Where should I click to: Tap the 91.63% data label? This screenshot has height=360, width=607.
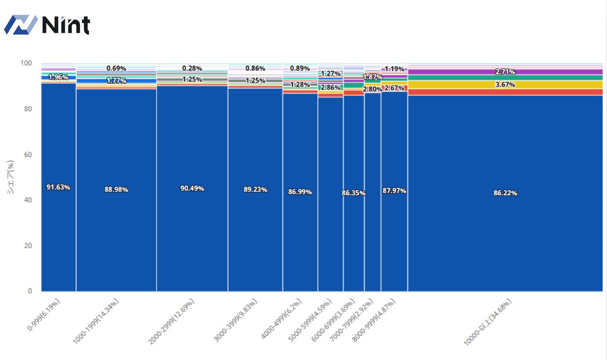[59, 187]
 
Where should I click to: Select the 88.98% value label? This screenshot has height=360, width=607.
[116, 189]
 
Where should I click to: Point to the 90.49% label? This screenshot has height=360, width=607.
[192, 188]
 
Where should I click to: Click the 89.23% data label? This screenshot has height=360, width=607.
[255, 189]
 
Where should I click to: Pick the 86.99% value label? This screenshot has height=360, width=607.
[300, 192]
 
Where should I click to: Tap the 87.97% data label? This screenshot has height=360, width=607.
[394, 191]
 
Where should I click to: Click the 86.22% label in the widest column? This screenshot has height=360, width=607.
[505, 193]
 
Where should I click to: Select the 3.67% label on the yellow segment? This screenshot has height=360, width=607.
[505, 84]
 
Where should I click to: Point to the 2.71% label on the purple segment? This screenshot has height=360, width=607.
[505, 72]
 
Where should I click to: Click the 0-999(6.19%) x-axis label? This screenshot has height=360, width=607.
[44, 314]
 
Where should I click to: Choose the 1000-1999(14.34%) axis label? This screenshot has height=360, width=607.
[96, 321]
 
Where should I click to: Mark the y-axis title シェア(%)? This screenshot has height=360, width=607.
[10, 177]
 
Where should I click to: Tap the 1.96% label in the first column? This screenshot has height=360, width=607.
[58, 77]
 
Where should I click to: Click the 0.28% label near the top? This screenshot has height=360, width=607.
[192, 68]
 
